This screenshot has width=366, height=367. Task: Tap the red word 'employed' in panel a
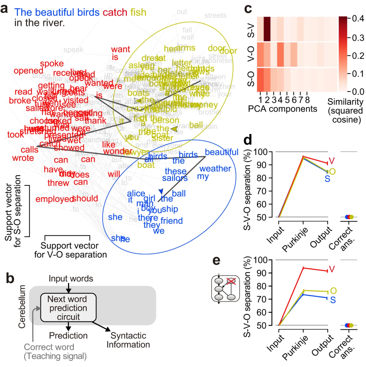pos(55,199)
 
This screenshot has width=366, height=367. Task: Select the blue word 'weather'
pos(213,169)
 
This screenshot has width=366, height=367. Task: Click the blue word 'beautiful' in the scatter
pos(222,152)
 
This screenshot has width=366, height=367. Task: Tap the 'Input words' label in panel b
pos(70,278)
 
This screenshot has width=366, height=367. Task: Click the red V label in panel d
pos(332,160)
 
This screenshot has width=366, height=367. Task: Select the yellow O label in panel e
pos(333,291)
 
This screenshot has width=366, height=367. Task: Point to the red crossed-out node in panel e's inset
pos(231,281)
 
